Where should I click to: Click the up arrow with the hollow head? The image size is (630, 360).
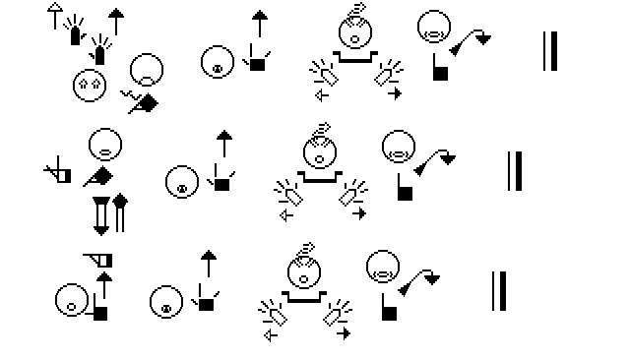[x=55, y=16]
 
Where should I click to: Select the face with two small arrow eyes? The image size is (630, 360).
[x=90, y=86]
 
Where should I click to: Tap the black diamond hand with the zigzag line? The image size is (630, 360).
[x=140, y=102]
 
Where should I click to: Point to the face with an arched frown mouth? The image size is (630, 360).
[x=147, y=70]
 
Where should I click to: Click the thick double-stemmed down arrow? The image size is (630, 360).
[x=100, y=216]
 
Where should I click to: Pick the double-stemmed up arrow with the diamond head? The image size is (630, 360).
[x=120, y=212]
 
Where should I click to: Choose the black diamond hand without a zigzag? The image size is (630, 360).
[x=98, y=177]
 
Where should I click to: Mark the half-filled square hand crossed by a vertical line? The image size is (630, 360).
[x=58, y=170]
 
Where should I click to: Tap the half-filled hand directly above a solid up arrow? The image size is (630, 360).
[x=98, y=260]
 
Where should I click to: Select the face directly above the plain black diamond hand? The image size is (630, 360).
[x=105, y=145]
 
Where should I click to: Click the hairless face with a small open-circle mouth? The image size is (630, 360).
[x=72, y=300]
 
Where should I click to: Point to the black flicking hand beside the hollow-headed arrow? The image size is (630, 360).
[x=75, y=30]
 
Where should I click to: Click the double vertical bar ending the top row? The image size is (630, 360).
[x=550, y=51]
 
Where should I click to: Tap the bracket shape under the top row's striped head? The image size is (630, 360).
[x=355, y=57]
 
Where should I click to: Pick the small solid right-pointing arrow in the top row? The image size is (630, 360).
[x=395, y=93]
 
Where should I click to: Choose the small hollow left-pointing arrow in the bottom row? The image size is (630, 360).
[x=271, y=335]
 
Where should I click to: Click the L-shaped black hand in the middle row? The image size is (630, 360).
[x=405, y=187]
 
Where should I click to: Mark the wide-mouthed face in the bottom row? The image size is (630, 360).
[x=383, y=267]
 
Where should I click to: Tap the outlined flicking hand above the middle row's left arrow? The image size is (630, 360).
[x=288, y=193]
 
